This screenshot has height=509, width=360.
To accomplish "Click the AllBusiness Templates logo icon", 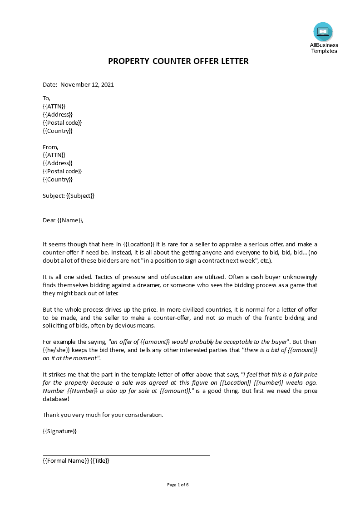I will coord(323,31).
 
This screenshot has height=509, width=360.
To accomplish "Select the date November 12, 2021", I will coord(87,84).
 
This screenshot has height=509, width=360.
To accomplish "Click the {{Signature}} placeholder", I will coord(59,431).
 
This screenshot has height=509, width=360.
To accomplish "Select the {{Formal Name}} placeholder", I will coord(65,460).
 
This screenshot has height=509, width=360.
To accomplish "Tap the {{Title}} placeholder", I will coord(100,460).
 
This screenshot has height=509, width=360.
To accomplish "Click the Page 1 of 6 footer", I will coord(178,485).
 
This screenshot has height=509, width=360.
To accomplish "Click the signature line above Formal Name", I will coord(126,455).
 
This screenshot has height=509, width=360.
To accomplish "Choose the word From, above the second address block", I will coord(50,147).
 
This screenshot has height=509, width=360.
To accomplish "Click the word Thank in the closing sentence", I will coord(51,415).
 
